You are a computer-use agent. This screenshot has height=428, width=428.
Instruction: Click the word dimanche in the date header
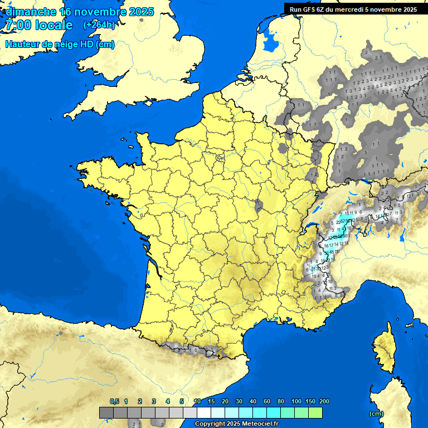point(31,12)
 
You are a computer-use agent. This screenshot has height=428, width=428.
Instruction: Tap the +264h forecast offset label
point(99,25)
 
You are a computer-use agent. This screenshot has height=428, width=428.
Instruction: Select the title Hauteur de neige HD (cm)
point(60,45)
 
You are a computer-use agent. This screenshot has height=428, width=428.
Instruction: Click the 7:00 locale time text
point(39,26)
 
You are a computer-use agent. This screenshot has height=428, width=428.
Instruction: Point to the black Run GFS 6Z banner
point(353,9)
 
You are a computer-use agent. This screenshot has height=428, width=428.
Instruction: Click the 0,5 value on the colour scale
point(114,401)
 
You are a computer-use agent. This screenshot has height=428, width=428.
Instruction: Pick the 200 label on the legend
point(324,401)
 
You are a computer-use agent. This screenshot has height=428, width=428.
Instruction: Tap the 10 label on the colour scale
point(197,401)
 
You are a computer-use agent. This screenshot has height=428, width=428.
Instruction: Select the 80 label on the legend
point(281,401)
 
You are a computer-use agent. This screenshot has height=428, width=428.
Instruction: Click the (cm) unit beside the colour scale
point(376,414)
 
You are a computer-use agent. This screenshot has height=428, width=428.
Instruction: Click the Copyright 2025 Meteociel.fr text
point(236,424)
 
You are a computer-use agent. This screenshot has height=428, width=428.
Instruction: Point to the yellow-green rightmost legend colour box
point(315,412)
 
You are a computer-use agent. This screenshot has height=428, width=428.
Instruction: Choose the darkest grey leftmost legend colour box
point(106,412)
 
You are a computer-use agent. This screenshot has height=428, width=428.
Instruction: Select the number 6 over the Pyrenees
point(195,349)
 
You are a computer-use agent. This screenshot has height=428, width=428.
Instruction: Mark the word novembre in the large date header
point(93,12)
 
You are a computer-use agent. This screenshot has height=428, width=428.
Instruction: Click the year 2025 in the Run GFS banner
point(408,9)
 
